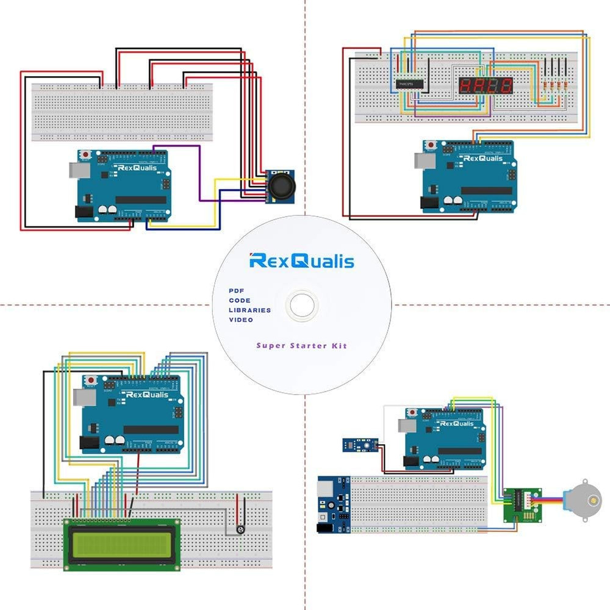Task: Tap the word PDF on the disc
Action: tap(237, 291)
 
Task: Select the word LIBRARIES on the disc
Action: tap(249, 310)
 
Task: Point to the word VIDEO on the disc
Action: tap(240, 320)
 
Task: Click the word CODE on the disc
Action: tap(239, 300)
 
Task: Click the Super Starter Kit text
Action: tap(301, 346)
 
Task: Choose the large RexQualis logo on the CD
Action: tap(301, 262)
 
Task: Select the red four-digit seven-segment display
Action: tap(486, 86)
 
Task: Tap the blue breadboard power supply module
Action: tap(332, 504)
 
